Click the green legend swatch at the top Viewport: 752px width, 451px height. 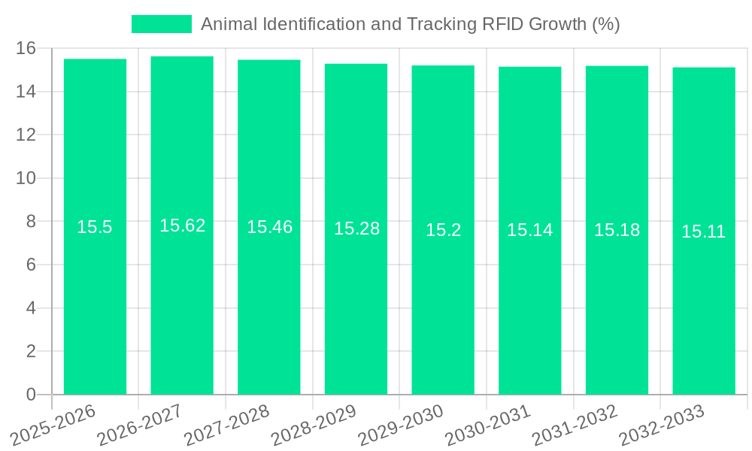click(161, 24)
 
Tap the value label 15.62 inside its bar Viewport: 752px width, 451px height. click(182, 225)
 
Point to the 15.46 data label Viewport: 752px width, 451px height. click(269, 227)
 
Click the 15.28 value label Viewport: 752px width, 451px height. click(356, 229)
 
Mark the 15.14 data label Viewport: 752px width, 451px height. click(529, 230)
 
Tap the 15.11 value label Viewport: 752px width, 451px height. click(703, 232)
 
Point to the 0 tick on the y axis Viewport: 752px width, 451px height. click(31, 395)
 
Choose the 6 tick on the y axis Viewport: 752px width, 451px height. click(31, 265)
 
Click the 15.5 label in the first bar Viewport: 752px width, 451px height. click(95, 227)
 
